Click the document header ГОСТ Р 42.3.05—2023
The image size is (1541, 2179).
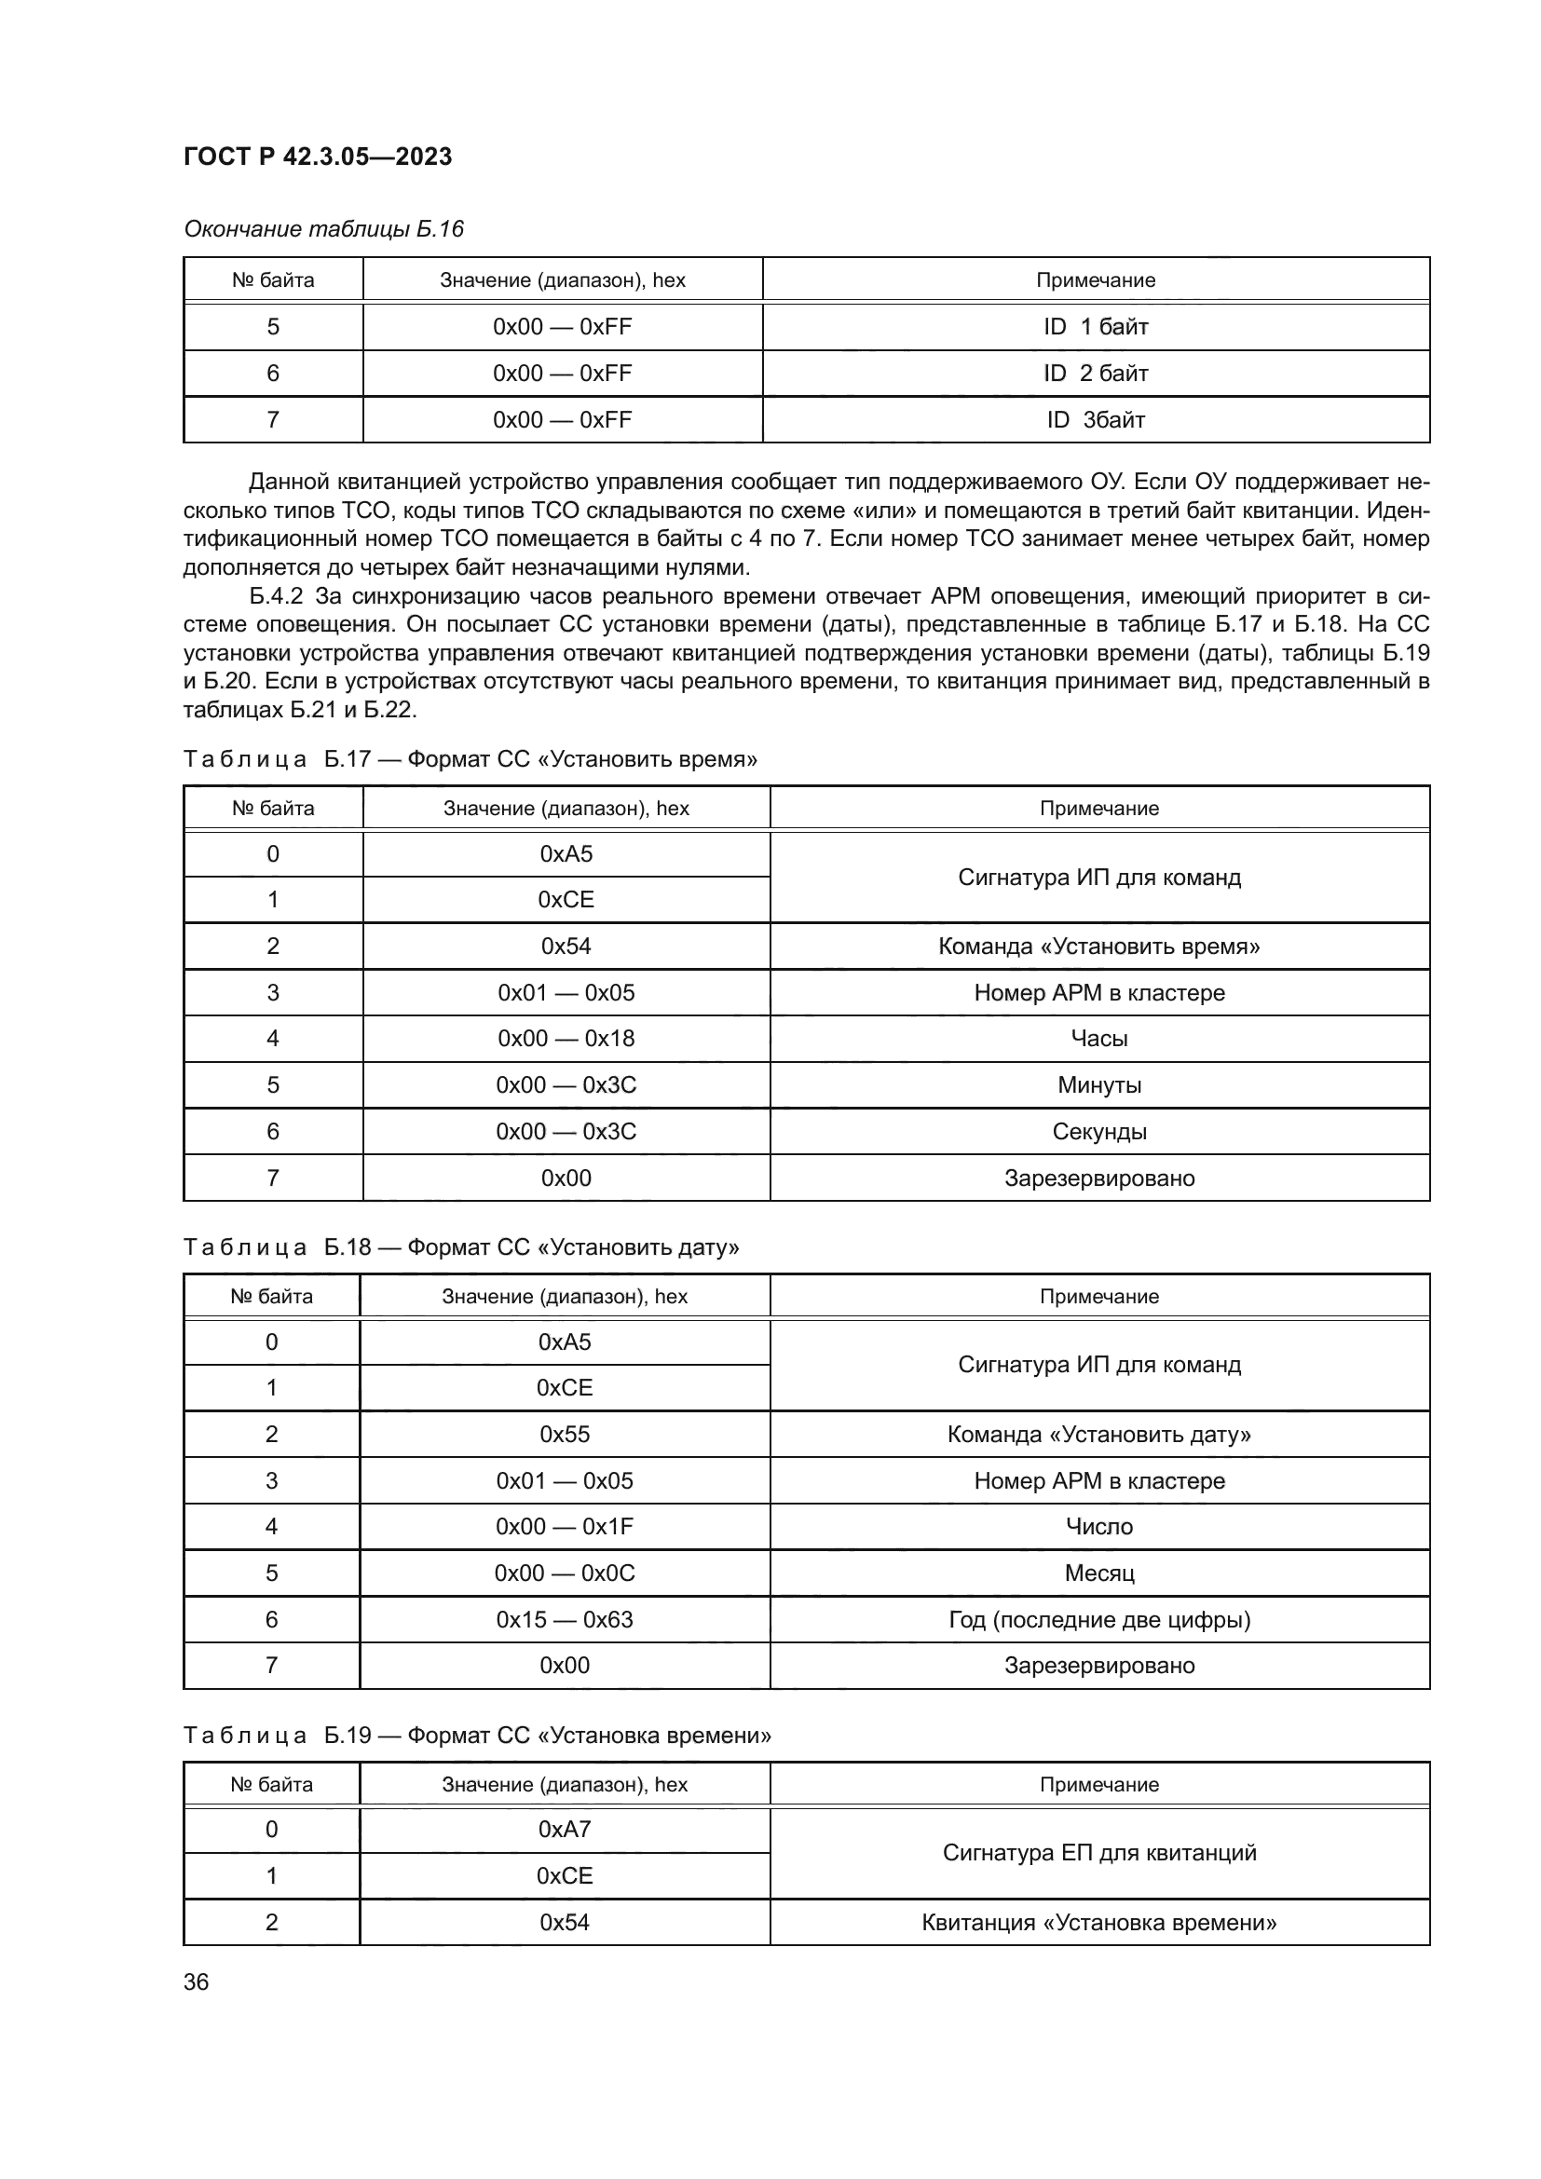click(317, 157)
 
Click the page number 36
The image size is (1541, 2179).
click(197, 1982)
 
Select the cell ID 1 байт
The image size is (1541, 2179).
click(1096, 327)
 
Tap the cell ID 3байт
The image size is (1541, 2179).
click(1096, 420)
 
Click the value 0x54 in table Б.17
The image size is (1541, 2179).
click(566, 947)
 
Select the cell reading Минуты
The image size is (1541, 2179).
click(1098, 1085)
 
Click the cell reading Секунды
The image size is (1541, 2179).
click(1098, 1132)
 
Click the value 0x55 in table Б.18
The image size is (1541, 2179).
click(565, 1434)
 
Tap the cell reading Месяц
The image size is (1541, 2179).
click(1098, 1573)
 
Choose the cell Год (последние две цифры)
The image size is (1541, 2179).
click(1098, 1620)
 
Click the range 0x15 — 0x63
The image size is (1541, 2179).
click(565, 1620)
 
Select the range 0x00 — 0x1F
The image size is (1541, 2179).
click(565, 1527)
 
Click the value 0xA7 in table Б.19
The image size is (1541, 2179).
click(565, 1829)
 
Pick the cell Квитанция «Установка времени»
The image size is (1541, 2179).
click(1098, 1923)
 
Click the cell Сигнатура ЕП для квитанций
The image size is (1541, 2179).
click(1098, 1853)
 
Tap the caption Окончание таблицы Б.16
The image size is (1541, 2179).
click(323, 230)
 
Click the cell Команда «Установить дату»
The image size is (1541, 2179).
click(1098, 1434)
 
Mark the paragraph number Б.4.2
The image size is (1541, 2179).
click(275, 597)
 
